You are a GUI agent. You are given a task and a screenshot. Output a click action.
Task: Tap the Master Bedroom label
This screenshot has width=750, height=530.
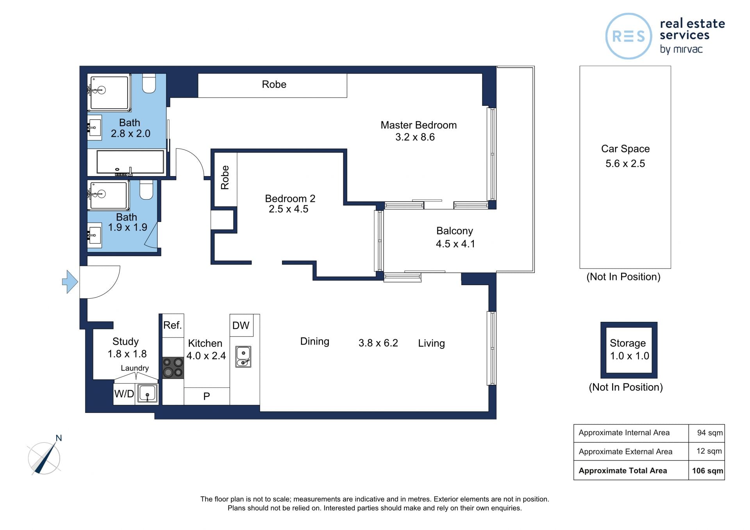[418, 125]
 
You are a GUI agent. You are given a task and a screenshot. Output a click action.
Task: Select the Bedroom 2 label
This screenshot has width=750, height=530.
[290, 198]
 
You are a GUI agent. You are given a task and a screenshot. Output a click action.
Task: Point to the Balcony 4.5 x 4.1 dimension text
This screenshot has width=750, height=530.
[455, 244]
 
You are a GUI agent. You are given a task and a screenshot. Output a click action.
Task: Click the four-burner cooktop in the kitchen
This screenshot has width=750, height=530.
[173, 368]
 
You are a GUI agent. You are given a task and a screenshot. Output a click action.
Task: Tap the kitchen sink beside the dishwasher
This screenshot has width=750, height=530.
[243, 357]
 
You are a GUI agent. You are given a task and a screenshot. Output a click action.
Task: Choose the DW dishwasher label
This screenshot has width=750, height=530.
[241, 325]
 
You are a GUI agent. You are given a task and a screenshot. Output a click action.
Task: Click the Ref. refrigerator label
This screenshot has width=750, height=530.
[172, 325]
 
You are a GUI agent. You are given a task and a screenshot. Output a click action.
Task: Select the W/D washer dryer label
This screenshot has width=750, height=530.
[124, 394]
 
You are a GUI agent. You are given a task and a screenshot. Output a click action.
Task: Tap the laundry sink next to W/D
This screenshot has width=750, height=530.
[148, 394]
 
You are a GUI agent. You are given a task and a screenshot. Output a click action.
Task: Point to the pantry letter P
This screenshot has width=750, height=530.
[207, 396]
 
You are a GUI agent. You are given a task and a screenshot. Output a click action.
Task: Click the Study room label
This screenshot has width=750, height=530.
[125, 341]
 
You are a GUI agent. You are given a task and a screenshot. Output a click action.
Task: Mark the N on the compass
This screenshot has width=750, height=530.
[59, 438]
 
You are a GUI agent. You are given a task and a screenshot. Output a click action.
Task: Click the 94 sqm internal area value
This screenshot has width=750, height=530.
[710, 433]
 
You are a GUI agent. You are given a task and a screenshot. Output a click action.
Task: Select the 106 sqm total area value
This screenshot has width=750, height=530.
[707, 471]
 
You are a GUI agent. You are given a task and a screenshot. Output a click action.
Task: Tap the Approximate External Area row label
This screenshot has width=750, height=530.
[625, 451]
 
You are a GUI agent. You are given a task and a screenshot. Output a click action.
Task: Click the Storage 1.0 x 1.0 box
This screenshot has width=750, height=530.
[629, 350]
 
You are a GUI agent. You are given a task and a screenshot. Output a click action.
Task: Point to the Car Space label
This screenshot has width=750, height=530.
[625, 149]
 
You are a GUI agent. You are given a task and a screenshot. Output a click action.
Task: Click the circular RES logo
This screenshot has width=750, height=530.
[629, 36]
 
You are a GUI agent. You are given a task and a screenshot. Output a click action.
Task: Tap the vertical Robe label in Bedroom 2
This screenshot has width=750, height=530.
[225, 177]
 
